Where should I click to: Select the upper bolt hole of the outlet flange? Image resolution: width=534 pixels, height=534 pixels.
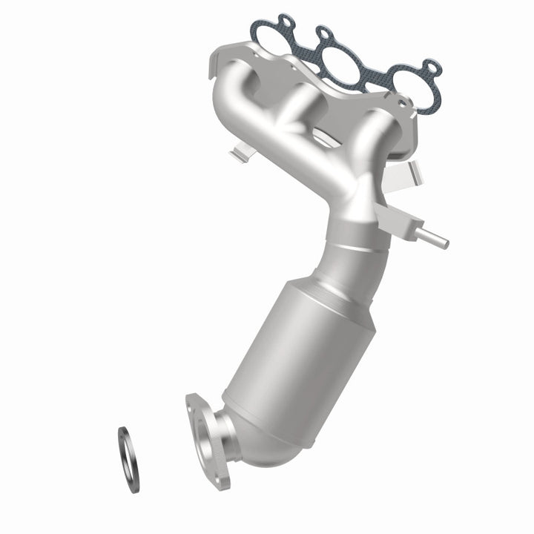[x=194, y=401]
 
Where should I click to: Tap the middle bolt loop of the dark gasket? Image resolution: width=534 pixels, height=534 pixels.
[x=324, y=33]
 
